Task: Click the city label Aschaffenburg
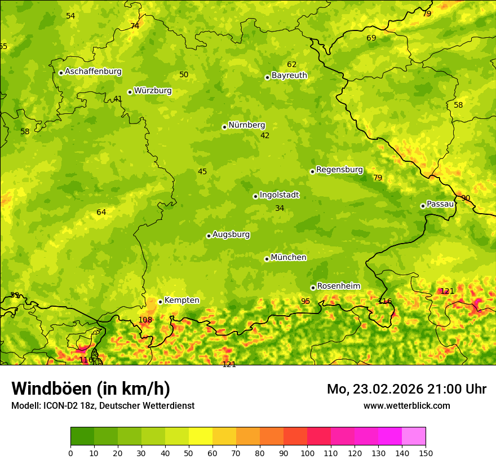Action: coord(93,72)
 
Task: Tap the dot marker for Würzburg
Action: coord(130,92)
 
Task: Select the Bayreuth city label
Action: coord(289,75)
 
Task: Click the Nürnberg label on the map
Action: coord(246,125)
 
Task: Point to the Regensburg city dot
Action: coord(312,171)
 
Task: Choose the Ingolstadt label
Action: coord(279,195)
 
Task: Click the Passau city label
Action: coord(440,204)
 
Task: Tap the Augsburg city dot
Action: coord(209,236)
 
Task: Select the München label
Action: coord(289,258)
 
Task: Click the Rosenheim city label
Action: coord(338,286)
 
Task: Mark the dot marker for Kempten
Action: coord(160,302)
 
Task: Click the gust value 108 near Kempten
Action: coord(145,320)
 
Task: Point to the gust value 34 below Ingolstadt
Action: coord(280,209)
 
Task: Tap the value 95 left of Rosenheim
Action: coord(305,302)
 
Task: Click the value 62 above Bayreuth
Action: coord(291,65)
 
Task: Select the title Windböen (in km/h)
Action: coord(91,388)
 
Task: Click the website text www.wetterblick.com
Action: coord(406,406)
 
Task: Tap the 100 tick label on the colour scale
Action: coord(307,453)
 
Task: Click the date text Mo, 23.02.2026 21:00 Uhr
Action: coord(406,389)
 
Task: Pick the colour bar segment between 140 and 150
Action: coord(414,436)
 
